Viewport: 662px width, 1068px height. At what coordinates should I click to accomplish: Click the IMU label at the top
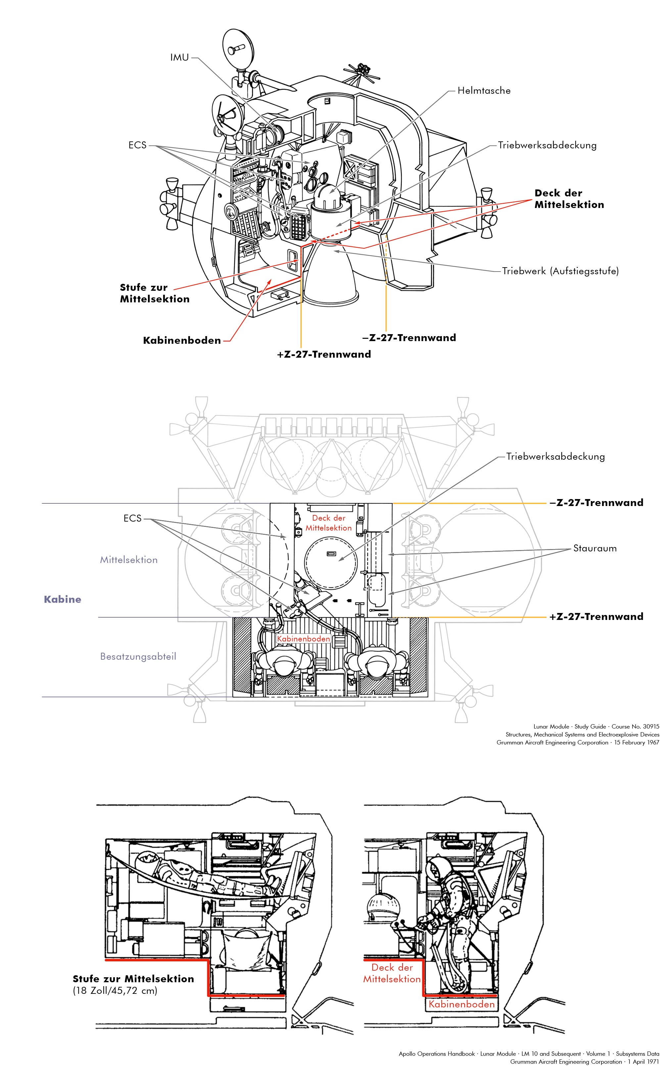coord(179,57)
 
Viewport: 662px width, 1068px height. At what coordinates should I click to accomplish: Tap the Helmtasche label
coord(484,91)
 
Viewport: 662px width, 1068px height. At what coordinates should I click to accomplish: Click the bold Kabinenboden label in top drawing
coord(182,340)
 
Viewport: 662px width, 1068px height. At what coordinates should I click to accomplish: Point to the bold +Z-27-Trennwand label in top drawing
coord(324,354)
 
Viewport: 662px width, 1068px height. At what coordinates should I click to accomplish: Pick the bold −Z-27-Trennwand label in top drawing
coord(409,338)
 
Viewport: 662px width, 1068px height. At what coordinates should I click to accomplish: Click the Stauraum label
coord(594,548)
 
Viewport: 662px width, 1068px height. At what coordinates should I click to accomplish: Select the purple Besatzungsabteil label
coord(138,656)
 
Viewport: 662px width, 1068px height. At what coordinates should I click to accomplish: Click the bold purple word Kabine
coord(62,599)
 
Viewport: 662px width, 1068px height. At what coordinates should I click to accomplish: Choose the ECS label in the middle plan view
coord(132,518)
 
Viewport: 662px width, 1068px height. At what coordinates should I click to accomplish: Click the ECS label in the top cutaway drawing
coord(137,145)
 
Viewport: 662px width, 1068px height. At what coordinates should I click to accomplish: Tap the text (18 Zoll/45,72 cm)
coord(115,990)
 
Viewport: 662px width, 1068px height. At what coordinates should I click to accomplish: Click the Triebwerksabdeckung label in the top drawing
coord(547,145)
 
